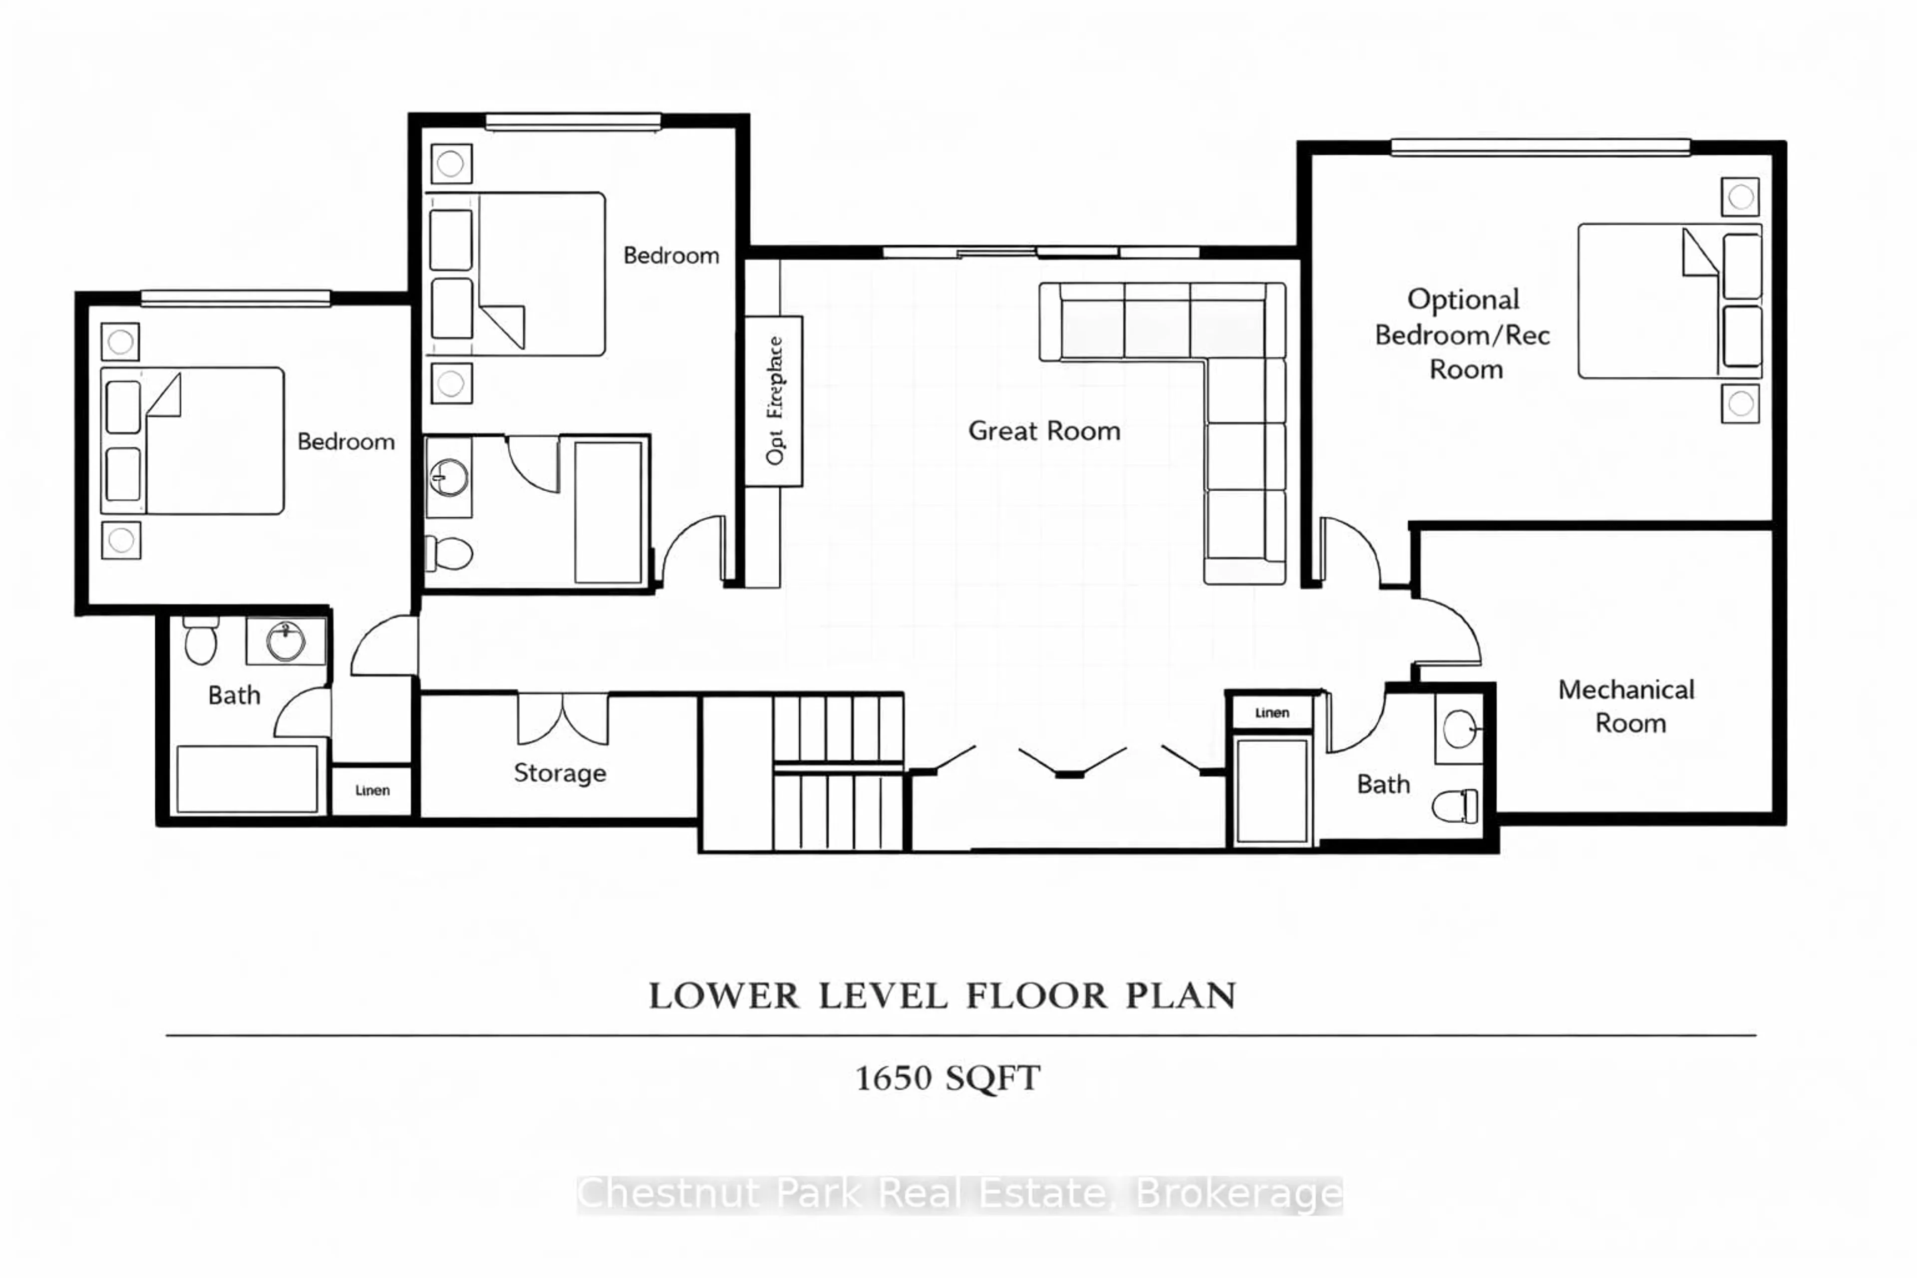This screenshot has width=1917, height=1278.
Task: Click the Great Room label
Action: (x=1044, y=430)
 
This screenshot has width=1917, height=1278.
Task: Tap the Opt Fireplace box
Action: (x=773, y=400)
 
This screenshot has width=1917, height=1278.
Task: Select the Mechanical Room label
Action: (x=1627, y=706)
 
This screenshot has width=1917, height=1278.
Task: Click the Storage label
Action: (x=560, y=773)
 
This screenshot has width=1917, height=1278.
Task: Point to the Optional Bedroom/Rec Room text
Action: (x=1463, y=334)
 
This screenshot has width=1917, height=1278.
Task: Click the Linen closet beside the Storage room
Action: (x=371, y=790)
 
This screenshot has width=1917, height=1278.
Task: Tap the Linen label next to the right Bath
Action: (x=1272, y=712)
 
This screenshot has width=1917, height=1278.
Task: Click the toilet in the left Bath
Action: (x=201, y=640)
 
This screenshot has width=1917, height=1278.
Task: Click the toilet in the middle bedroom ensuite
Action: (x=450, y=554)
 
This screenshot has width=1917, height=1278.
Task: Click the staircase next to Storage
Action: (x=838, y=770)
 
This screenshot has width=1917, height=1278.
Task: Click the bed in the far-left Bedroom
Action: (x=193, y=440)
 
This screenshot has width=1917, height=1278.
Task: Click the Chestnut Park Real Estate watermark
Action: (x=959, y=1194)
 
